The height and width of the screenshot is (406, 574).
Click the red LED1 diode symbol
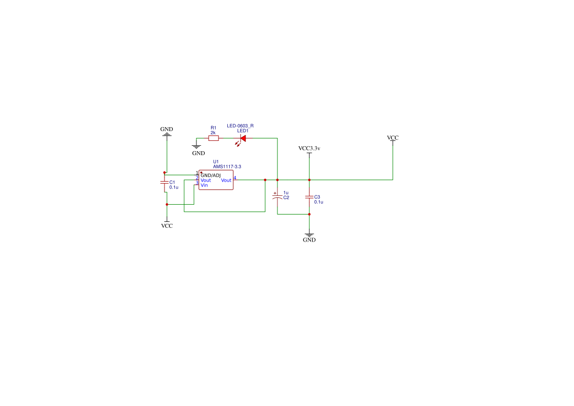click(x=242, y=138)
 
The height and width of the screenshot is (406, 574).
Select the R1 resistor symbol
click(x=214, y=138)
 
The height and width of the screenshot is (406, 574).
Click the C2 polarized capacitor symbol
click(x=277, y=196)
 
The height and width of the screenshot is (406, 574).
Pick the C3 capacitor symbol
click(x=309, y=197)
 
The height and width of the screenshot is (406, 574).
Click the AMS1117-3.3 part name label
click(x=227, y=166)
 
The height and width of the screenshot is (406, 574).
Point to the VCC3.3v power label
click(x=309, y=148)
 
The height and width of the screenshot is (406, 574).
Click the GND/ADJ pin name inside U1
click(x=211, y=175)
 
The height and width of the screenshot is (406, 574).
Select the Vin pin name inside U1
click(x=204, y=185)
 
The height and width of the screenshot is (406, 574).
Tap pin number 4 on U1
click(x=235, y=178)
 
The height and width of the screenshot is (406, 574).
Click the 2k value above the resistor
click(x=213, y=133)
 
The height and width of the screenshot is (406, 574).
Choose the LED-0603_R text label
click(x=240, y=126)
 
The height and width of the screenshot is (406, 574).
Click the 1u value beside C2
click(x=286, y=192)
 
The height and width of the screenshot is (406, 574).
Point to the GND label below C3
click(x=309, y=240)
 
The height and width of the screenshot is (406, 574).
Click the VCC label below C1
click(x=167, y=226)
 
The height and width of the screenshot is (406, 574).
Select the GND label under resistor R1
click(x=198, y=153)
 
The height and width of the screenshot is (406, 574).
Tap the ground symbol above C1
click(x=166, y=135)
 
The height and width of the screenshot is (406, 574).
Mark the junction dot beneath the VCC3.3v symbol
click(x=309, y=180)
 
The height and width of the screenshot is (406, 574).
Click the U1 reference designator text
click(x=216, y=162)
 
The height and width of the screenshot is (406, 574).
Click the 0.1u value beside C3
click(x=319, y=202)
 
